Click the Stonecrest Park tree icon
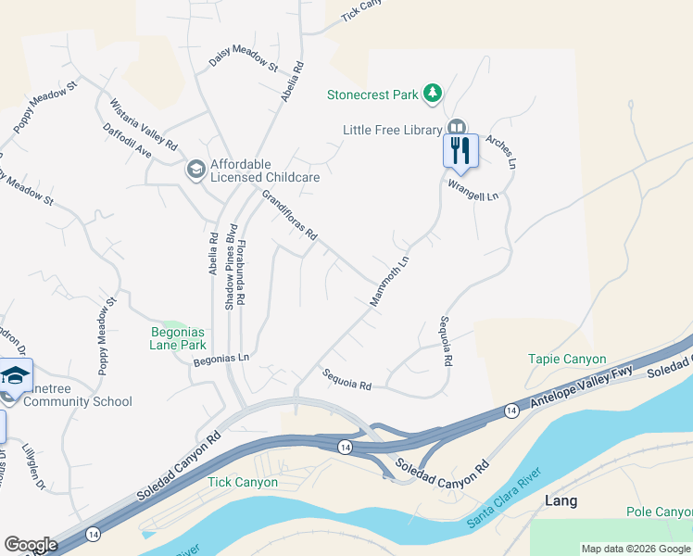432,94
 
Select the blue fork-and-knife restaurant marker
460,149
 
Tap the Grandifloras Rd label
289,215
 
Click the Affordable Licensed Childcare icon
195,169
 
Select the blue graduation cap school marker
16,375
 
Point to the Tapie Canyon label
567,359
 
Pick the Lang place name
561,501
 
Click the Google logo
31,545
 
